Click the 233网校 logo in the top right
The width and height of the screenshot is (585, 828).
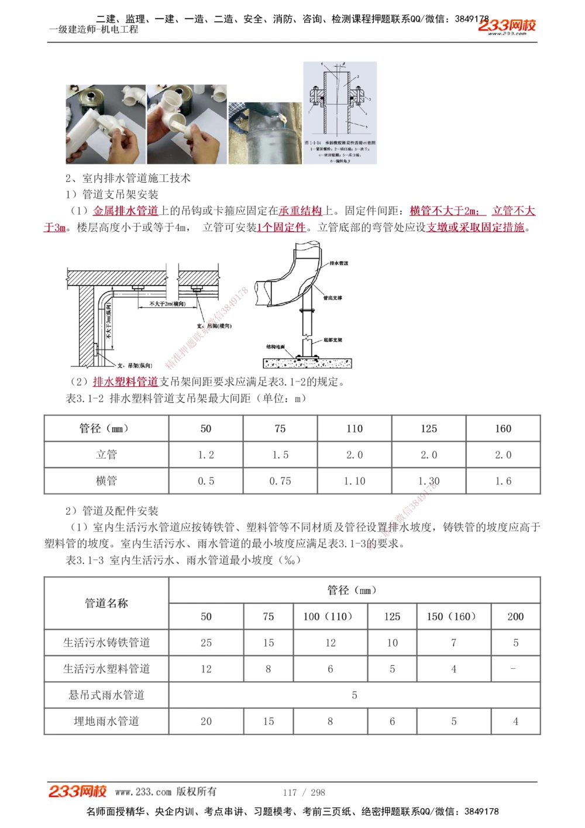(x=507, y=26)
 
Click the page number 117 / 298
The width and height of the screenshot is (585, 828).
(x=304, y=792)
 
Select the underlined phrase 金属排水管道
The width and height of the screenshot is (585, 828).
(x=126, y=211)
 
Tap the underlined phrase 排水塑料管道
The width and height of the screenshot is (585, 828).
(x=126, y=382)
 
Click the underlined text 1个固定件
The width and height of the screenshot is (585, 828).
(x=281, y=227)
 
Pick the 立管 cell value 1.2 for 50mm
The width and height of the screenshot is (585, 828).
(x=206, y=455)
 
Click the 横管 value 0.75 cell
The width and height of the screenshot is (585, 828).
(x=280, y=481)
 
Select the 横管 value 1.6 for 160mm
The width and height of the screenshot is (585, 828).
(x=503, y=481)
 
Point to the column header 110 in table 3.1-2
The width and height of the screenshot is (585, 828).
(x=355, y=428)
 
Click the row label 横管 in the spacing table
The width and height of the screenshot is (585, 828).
(x=106, y=481)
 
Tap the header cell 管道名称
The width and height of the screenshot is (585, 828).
(x=106, y=603)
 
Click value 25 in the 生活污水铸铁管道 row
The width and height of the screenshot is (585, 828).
(x=206, y=643)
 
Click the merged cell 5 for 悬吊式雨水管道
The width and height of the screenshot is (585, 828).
(x=355, y=695)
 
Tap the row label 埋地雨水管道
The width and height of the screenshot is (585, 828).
(x=106, y=722)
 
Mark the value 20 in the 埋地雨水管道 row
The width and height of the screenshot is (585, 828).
(x=206, y=722)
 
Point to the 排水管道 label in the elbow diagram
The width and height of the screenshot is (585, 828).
(x=339, y=263)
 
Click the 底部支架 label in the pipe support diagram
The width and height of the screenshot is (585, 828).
(x=333, y=340)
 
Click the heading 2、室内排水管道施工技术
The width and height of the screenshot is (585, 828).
(x=128, y=178)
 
